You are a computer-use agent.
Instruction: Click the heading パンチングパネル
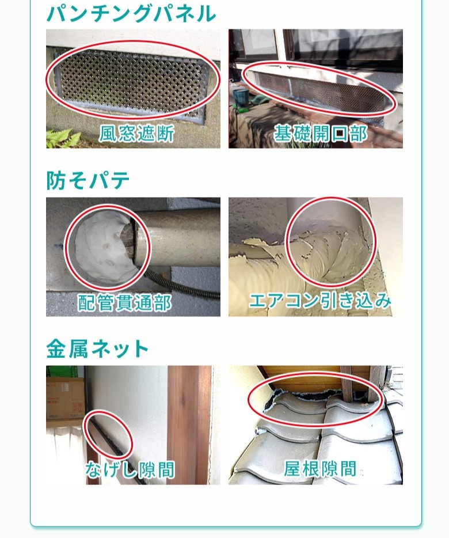(131, 13)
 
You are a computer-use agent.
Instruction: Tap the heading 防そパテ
(88, 180)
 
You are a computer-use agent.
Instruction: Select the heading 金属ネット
(98, 348)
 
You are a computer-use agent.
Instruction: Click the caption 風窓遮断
(136, 134)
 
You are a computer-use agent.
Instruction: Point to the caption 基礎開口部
(320, 134)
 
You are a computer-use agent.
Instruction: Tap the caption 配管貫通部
(124, 302)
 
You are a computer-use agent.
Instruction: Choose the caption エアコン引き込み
(320, 301)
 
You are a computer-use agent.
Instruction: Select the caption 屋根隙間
(320, 469)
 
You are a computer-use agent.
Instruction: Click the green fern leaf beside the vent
(62, 138)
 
